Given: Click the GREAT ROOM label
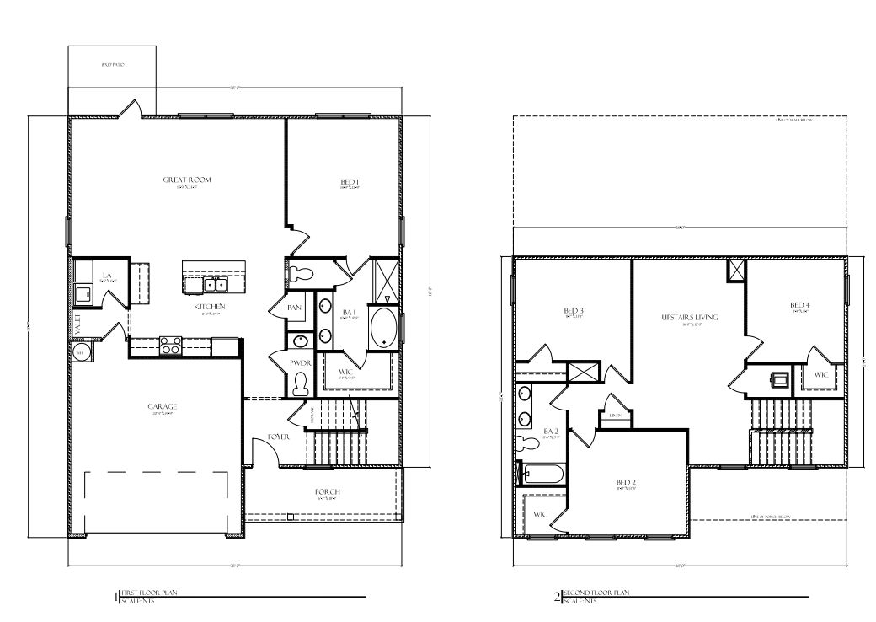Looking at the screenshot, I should coord(187,180).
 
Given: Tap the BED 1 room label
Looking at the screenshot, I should coord(350,183).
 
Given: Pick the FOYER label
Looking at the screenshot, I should coord(279,437).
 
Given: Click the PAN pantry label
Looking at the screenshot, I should coord(294,308).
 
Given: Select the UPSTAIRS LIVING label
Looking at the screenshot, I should coord(689,317).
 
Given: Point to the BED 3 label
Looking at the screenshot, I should coord(574,311).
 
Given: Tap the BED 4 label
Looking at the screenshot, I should coord(799,304).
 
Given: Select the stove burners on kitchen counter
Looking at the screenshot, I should coord(170,346).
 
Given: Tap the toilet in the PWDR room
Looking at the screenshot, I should coord(300,384).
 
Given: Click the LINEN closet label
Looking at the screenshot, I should coord(615,416).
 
